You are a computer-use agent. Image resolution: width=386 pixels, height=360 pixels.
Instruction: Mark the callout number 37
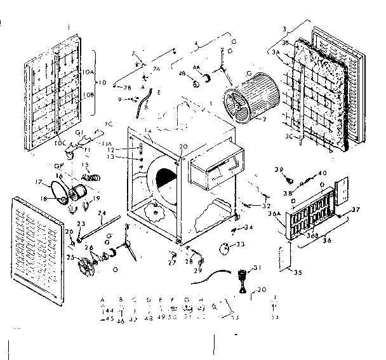(x=357, y=210)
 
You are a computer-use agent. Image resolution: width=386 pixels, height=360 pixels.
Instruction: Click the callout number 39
(x=277, y=170)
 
